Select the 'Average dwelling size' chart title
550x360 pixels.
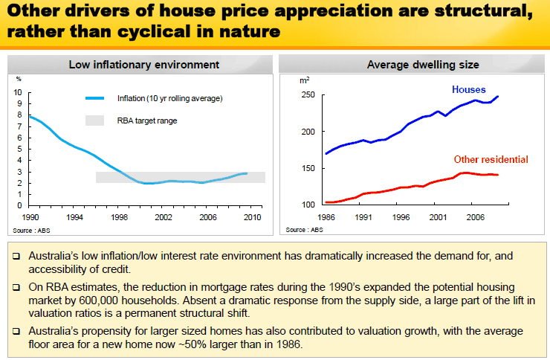[x=412, y=65]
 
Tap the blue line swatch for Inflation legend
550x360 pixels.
[x=99, y=98]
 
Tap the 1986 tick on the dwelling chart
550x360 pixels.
[x=326, y=218]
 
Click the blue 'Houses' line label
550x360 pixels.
[x=469, y=90]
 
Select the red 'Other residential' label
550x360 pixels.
[x=491, y=159]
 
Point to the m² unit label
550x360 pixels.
[x=305, y=80]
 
